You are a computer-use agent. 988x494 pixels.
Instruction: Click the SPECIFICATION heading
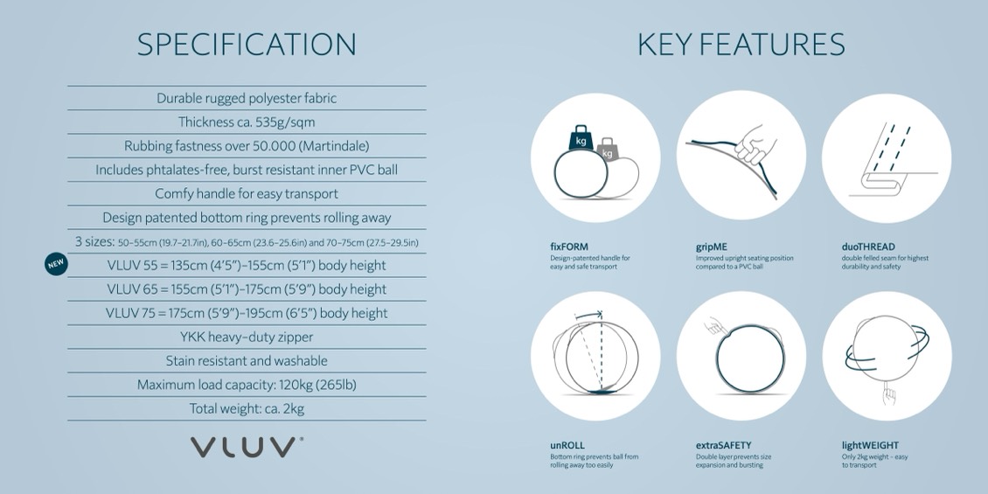click(x=247, y=45)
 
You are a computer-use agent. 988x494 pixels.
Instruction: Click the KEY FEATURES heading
click(x=741, y=45)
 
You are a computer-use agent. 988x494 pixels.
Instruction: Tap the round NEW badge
click(x=56, y=264)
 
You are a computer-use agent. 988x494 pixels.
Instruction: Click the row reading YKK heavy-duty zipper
click(x=247, y=337)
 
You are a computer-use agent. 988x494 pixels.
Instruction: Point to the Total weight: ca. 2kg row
click(x=247, y=409)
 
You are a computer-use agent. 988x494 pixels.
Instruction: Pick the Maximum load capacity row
click(x=247, y=385)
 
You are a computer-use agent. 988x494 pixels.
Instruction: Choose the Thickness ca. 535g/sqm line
click(x=247, y=122)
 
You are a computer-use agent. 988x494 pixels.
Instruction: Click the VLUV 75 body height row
click(x=247, y=313)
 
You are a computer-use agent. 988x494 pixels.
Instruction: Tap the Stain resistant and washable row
click(x=247, y=361)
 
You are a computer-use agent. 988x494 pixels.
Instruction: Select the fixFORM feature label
click(x=569, y=247)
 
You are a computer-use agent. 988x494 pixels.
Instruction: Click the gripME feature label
click(x=712, y=247)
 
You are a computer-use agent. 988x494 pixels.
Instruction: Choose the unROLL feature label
click(x=567, y=446)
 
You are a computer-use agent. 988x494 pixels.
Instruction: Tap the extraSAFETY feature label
click(x=723, y=446)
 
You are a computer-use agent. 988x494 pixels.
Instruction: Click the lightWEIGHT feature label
click(x=870, y=446)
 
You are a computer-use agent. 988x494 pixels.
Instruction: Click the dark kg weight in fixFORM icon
click(x=581, y=138)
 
